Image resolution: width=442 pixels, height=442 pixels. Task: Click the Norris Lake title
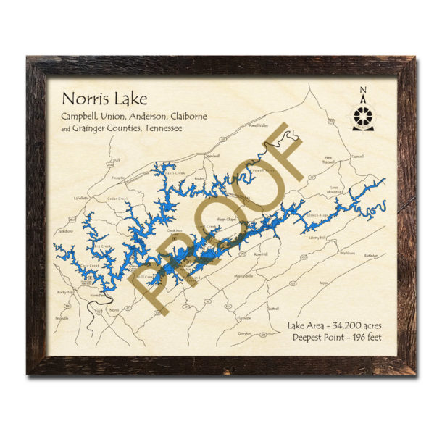point(95,97)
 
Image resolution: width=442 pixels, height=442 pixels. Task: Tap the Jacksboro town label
point(67,231)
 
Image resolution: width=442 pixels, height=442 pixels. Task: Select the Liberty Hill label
point(318,238)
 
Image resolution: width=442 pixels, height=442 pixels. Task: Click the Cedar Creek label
point(117,198)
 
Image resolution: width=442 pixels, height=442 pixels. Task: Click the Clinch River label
point(318,214)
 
